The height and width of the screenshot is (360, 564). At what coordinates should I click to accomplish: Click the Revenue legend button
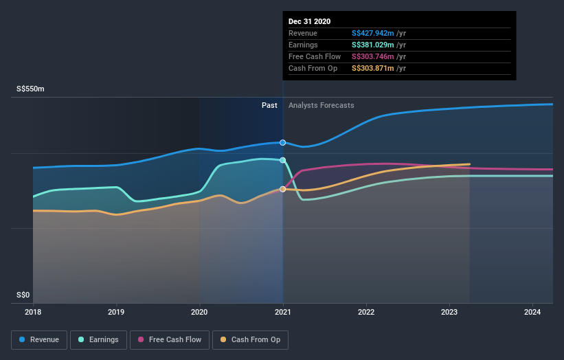pos(39,339)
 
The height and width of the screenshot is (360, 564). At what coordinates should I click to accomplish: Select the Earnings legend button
pos(98,339)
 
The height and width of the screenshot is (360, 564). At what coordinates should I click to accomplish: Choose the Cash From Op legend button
pos(251,339)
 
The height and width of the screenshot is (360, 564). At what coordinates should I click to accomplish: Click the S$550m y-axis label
pos(31,89)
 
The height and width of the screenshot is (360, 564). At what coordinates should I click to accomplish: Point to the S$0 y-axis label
pos(24,295)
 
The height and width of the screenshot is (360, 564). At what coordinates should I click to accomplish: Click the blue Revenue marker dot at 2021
pos(283,142)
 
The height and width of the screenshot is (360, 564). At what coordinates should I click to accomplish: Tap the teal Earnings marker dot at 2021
pos(283,160)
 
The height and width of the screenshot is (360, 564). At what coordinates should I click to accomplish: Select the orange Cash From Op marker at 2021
pos(283,189)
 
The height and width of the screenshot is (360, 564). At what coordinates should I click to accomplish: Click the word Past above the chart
pos(269,105)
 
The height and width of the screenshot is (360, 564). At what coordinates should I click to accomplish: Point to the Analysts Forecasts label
pos(322,105)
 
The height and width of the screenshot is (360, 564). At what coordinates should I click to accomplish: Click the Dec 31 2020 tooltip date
pos(310,21)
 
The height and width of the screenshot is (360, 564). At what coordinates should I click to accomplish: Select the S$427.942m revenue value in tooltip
pos(373,33)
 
